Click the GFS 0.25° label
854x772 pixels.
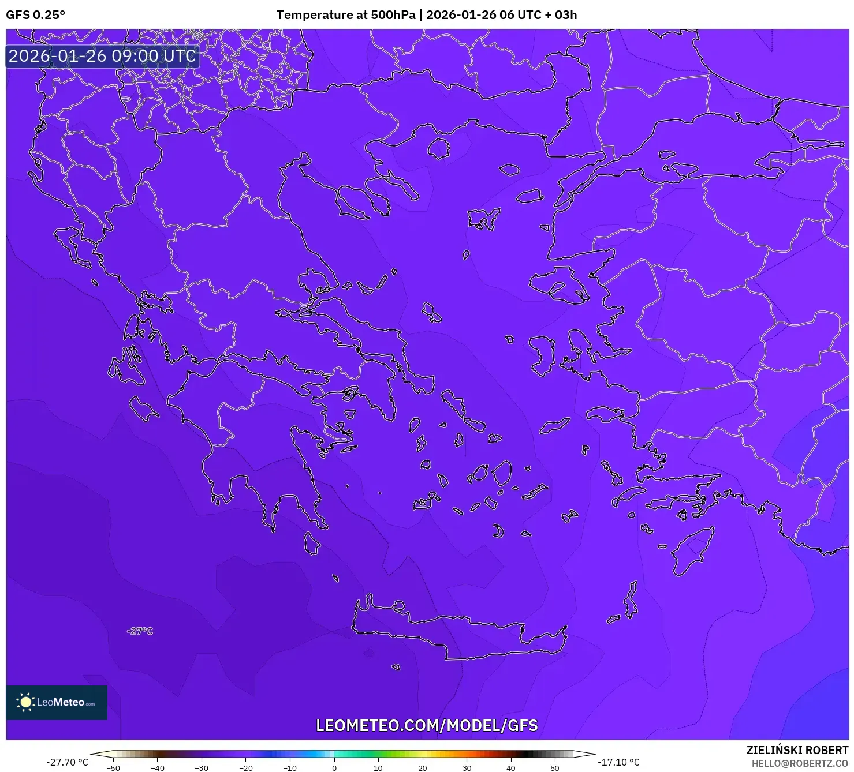coord(36,15)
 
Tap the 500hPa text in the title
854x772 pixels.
coord(393,15)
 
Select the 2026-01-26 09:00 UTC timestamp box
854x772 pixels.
coord(103,57)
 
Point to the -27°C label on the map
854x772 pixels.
coord(140,631)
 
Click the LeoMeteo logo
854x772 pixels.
coord(57,702)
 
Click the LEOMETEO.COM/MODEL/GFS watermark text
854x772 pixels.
coord(427,725)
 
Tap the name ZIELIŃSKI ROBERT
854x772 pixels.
coord(797,750)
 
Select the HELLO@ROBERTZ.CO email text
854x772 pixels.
coord(800,763)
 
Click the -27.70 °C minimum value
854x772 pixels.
coord(68,762)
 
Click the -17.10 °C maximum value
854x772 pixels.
coord(618,762)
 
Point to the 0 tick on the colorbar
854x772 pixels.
coord(334,768)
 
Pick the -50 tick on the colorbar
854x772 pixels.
coord(113,768)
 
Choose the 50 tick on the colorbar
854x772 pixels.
coord(555,768)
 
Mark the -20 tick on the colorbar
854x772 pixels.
coord(245,768)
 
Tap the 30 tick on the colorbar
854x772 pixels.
coord(467,768)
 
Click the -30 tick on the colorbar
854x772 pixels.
coord(202,768)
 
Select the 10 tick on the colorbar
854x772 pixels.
coord(378,768)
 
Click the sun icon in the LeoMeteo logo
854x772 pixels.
coord(25,702)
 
